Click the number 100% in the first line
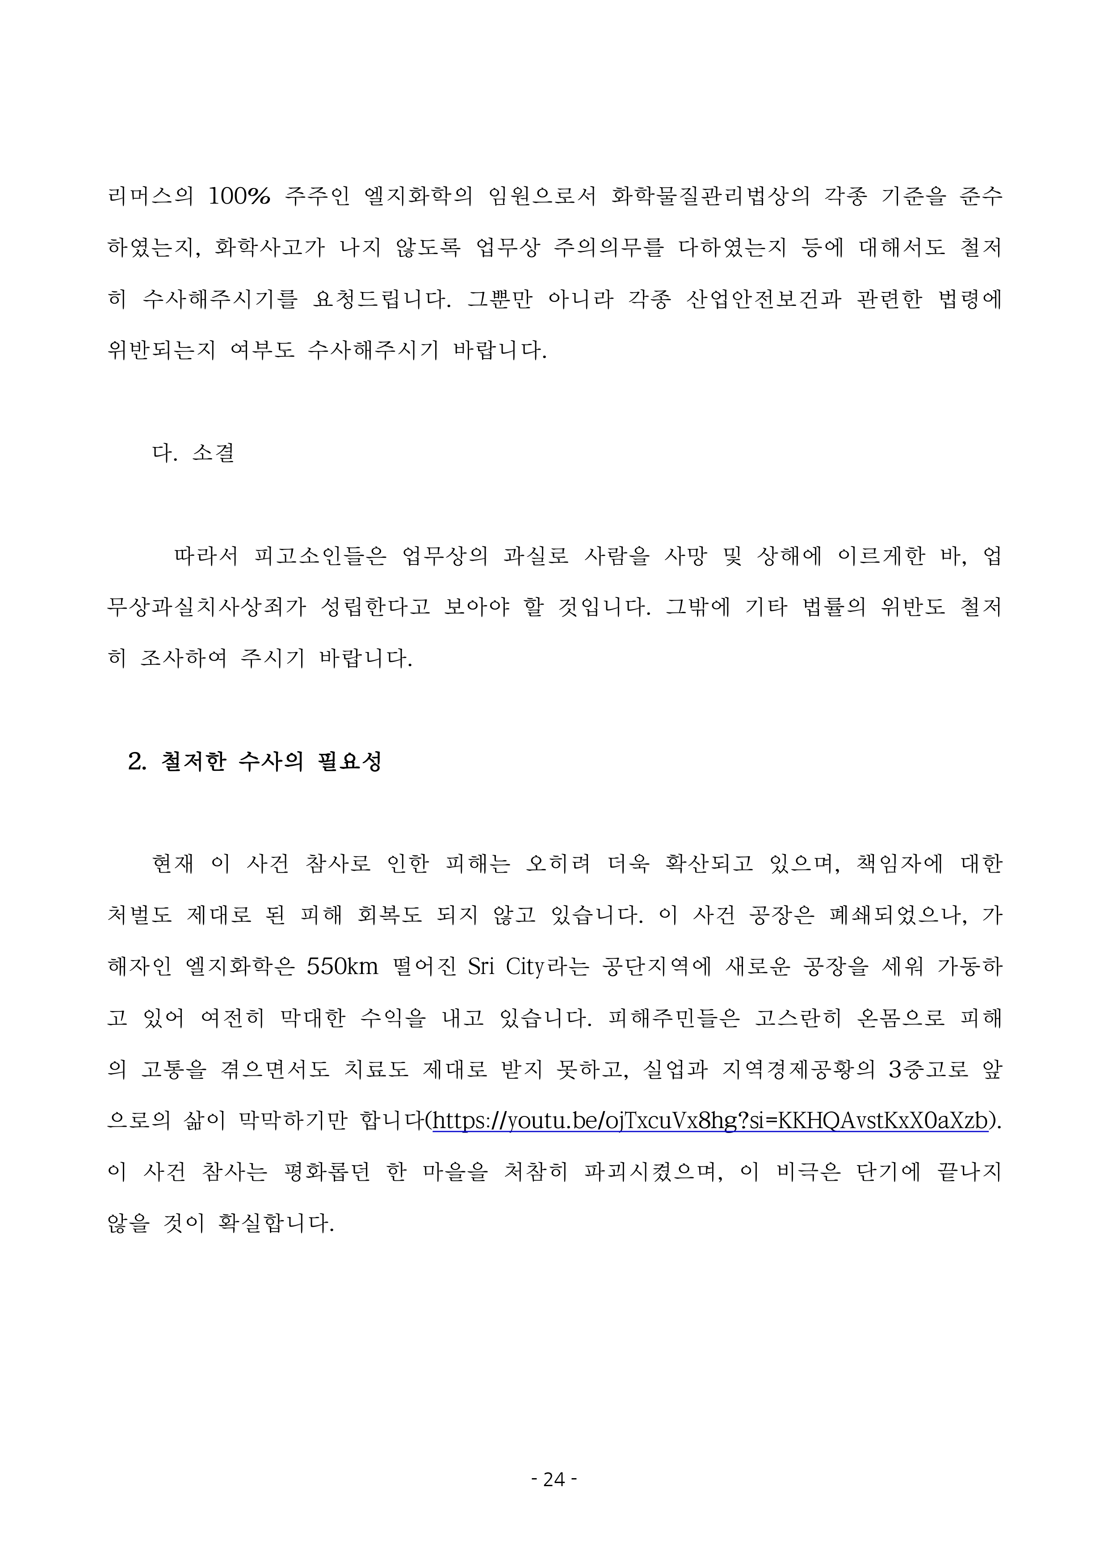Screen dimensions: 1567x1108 239,196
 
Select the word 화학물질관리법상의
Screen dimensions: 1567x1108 710,196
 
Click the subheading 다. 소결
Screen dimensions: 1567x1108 193,452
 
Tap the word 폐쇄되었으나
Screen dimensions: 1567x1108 898,915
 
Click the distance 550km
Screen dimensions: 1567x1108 342,966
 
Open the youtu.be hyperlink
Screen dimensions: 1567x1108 710,1120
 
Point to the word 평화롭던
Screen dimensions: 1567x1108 326,1172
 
